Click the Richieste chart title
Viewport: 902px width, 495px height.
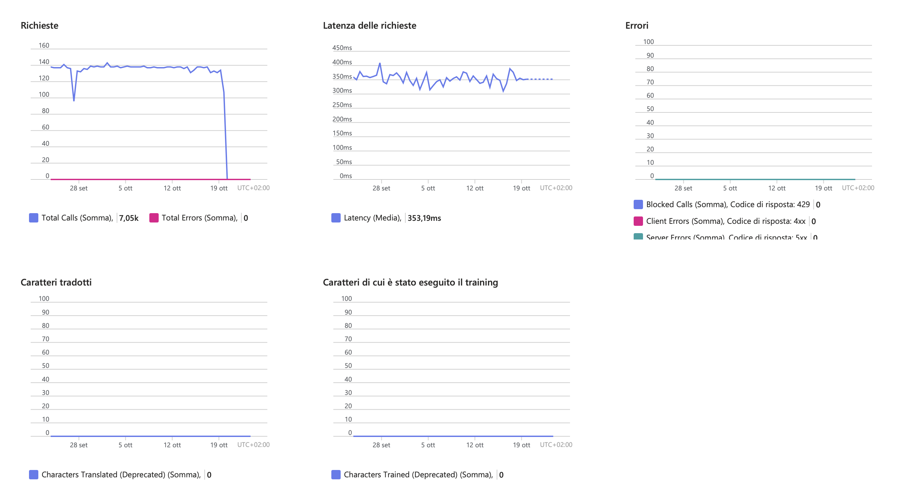(40, 26)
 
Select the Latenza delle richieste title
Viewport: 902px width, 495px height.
(369, 26)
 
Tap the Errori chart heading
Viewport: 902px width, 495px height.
(637, 26)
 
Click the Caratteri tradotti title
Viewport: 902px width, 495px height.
(56, 282)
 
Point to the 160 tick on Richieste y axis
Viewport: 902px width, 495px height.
(44, 46)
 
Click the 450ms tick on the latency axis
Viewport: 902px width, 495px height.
(342, 48)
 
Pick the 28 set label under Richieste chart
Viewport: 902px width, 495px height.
(78, 188)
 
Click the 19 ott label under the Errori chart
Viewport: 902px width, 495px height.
(823, 188)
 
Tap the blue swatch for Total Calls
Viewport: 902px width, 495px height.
(34, 218)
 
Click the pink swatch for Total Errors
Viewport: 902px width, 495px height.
(154, 218)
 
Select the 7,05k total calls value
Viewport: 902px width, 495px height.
(129, 218)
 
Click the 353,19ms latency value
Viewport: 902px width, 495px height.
(424, 218)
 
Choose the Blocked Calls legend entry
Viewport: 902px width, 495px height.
(728, 204)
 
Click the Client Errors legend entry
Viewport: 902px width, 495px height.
(726, 221)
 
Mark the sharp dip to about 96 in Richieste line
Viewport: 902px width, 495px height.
(74, 100)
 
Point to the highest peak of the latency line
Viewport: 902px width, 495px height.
(380, 63)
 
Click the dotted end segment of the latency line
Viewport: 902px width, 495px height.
(541, 79)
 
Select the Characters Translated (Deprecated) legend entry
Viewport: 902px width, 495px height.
(121, 475)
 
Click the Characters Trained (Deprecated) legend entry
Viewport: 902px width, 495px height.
(418, 475)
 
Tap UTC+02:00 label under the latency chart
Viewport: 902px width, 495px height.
(556, 188)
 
